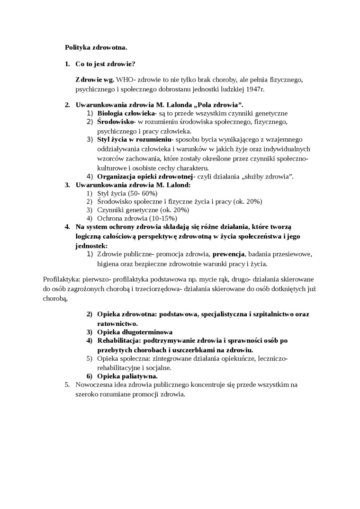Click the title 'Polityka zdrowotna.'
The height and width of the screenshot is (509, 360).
[x=95, y=47]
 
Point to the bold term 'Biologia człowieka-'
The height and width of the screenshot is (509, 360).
[x=126, y=113]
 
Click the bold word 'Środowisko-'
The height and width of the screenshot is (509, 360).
[x=117, y=122]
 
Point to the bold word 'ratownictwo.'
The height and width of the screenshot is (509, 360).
[x=117, y=323]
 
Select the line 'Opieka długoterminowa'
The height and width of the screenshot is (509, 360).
[x=135, y=332]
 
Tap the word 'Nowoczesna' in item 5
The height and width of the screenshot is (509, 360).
[x=92, y=385]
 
